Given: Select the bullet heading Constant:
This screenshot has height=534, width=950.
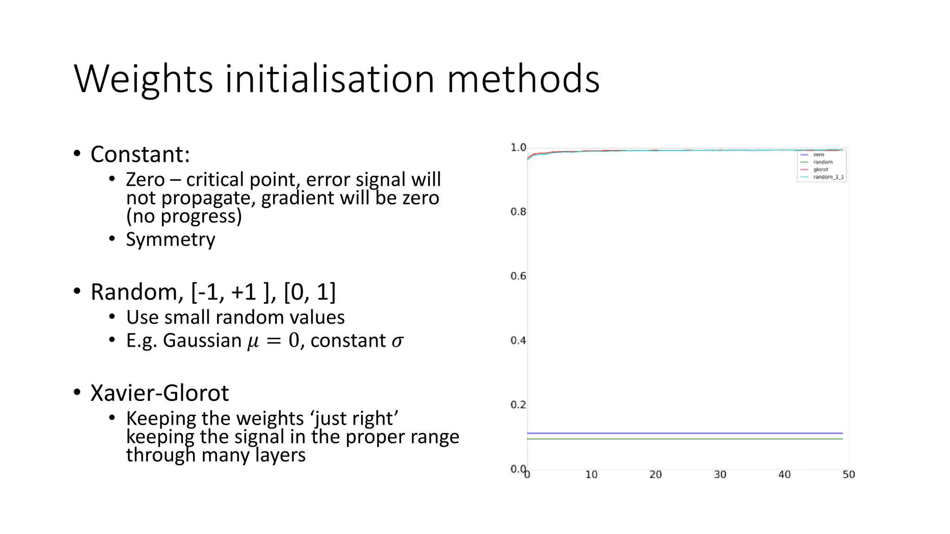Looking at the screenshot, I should pyautogui.click(x=140, y=154).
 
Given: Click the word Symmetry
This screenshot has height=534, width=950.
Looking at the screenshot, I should pyautogui.click(x=170, y=240).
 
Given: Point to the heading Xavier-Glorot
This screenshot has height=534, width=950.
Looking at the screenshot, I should pyautogui.click(x=160, y=393).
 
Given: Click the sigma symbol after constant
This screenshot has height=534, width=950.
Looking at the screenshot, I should pyautogui.click(x=398, y=341).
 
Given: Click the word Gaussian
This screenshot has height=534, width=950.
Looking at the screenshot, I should pyautogui.click(x=202, y=341).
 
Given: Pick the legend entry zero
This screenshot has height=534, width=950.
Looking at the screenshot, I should pyautogui.click(x=819, y=155).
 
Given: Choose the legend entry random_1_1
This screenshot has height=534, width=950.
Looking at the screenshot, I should pyautogui.click(x=828, y=177).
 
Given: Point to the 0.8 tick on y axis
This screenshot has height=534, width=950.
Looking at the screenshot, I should pyautogui.click(x=518, y=212).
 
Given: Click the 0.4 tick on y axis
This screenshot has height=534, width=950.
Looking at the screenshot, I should pyautogui.click(x=518, y=341).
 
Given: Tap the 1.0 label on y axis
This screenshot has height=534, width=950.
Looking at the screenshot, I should pyautogui.click(x=518, y=147).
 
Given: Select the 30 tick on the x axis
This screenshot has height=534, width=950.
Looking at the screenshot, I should pyautogui.click(x=720, y=475).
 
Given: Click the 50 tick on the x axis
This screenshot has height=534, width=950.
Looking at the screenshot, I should pyautogui.click(x=848, y=475).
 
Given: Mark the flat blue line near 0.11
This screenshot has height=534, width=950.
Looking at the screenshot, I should pyautogui.click(x=685, y=433).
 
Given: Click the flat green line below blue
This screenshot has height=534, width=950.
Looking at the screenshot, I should pyautogui.click(x=685, y=439).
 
